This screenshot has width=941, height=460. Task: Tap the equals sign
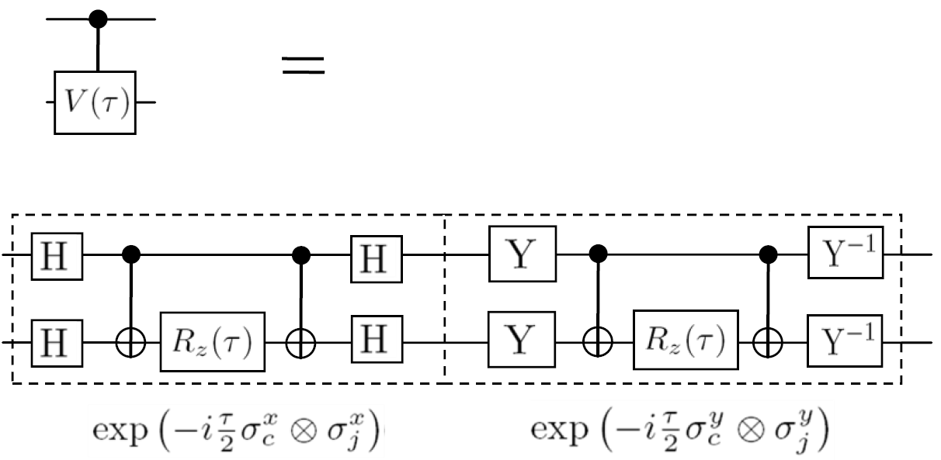pyautogui.click(x=302, y=64)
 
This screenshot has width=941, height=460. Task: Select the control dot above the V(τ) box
pyautogui.click(x=98, y=18)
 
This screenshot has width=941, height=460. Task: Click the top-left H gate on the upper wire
pyautogui.click(x=57, y=254)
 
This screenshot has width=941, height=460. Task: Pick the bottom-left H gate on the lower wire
pyautogui.click(x=57, y=341)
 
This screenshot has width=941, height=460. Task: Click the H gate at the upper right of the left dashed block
pyautogui.click(x=376, y=254)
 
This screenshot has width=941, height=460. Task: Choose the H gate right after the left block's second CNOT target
pyautogui.click(x=376, y=341)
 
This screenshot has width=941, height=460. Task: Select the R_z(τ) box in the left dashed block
pyautogui.click(x=213, y=341)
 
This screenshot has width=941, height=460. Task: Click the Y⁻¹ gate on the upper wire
pyautogui.click(x=846, y=254)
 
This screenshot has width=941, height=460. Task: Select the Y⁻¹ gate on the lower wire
pyautogui.click(x=846, y=341)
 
